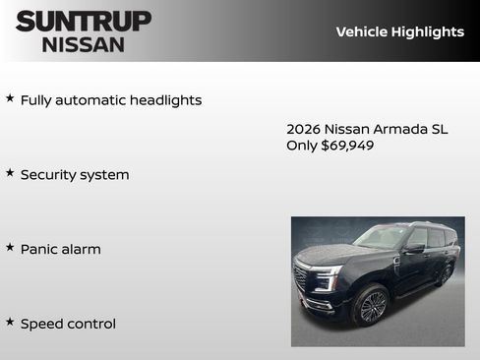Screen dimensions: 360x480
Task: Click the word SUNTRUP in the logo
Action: tap(84, 21)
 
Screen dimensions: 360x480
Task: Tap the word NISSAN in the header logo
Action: tap(84, 43)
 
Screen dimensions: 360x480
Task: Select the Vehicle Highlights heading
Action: tap(399, 31)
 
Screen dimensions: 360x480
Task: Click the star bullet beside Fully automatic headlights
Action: tap(10, 98)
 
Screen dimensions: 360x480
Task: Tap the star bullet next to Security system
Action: tap(10, 173)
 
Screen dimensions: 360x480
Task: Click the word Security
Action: tap(48, 175)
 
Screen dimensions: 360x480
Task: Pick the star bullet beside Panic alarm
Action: tap(10, 248)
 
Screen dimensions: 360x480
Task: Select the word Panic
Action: tap(39, 250)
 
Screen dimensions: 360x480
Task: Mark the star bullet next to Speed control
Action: tap(10, 322)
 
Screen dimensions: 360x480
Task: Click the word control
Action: tap(91, 324)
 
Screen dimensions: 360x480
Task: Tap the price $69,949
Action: tap(347, 146)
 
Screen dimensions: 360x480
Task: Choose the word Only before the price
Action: tap(302, 146)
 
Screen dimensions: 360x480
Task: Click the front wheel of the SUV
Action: tap(371, 306)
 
